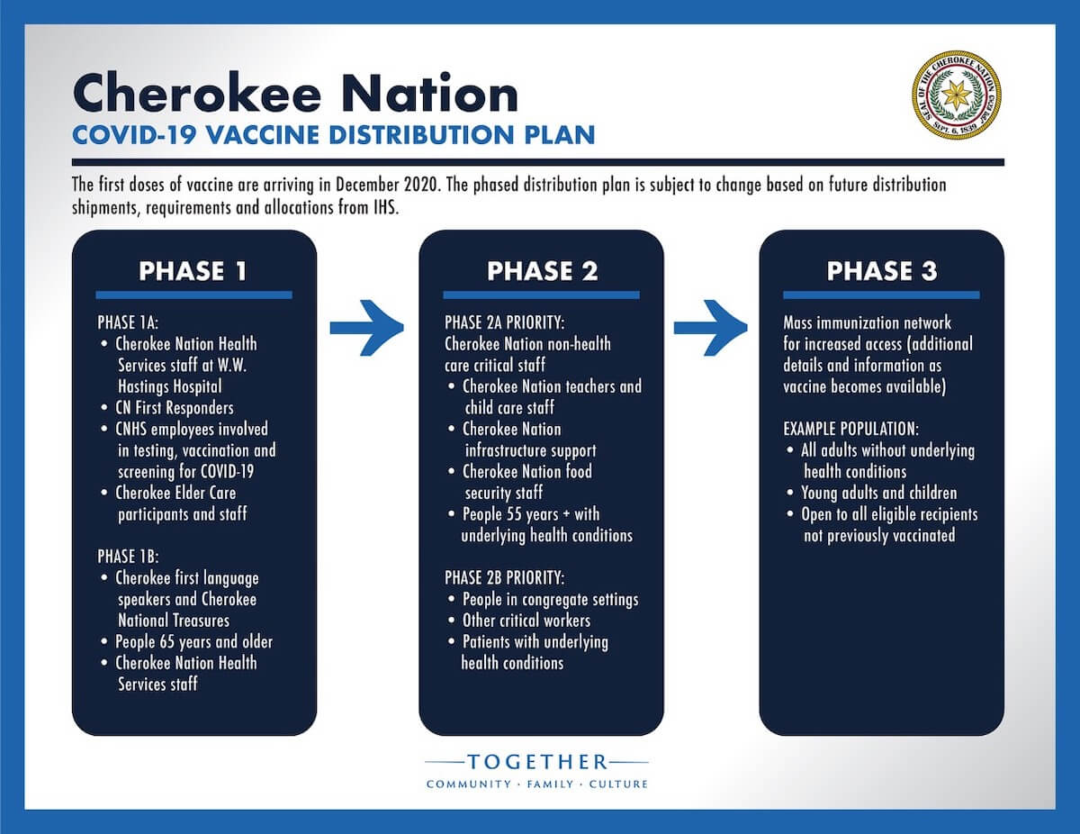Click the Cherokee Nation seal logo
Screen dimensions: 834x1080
point(956,95)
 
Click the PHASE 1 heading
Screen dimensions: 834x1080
point(193,270)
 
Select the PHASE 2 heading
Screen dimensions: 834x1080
point(542,270)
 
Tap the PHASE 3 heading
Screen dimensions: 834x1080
point(882,270)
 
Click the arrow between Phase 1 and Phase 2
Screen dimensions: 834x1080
point(366,327)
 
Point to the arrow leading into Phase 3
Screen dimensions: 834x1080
point(710,327)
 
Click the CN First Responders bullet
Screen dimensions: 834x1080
point(174,408)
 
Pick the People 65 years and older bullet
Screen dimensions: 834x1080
point(193,642)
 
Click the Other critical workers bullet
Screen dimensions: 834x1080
point(526,621)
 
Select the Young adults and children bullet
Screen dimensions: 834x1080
point(878,493)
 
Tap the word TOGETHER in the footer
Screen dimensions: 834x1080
point(537,762)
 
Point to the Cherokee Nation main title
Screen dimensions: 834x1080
point(294,92)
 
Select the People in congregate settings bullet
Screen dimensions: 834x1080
point(550,599)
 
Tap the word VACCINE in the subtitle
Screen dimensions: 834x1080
point(263,135)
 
